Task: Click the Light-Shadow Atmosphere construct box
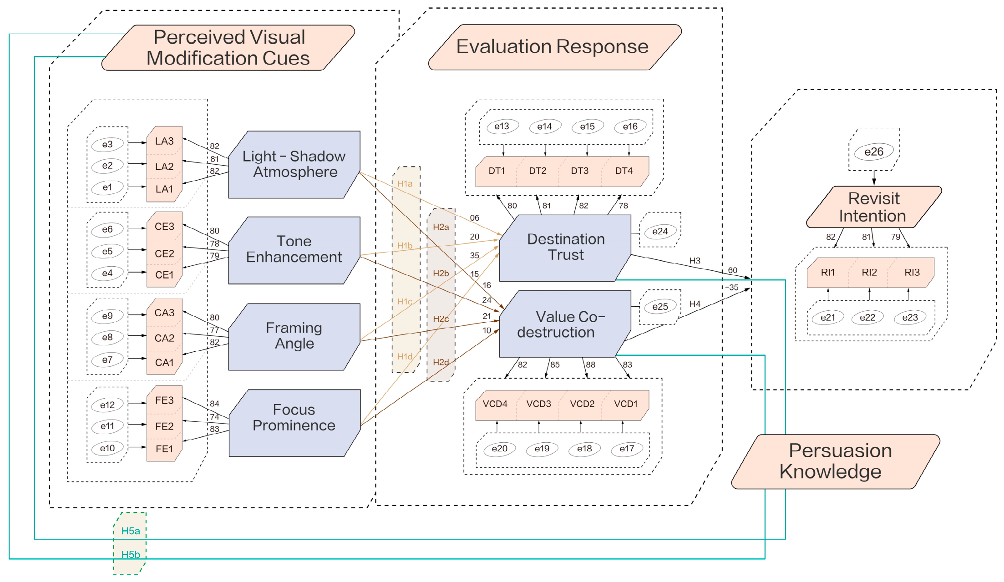click(294, 165)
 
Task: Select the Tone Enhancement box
click(294, 250)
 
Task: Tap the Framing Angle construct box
click(294, 337)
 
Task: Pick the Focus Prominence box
click(294, 423)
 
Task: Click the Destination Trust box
click(565, 248)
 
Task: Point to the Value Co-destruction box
click(565, 324)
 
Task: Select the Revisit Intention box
click(874, 207)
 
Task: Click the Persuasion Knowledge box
click(836, 461)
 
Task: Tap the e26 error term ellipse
click(874, 152)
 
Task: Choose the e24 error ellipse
click(660, 231)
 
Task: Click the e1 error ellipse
click(107, 187)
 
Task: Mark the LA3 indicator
click(164, 141)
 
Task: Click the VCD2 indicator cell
click(582, 404)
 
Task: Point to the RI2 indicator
click(869, 272)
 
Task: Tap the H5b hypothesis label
click(131, 554)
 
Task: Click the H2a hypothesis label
click(441, 227)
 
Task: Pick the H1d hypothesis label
click(405, 356)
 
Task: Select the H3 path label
click(695, 261)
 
